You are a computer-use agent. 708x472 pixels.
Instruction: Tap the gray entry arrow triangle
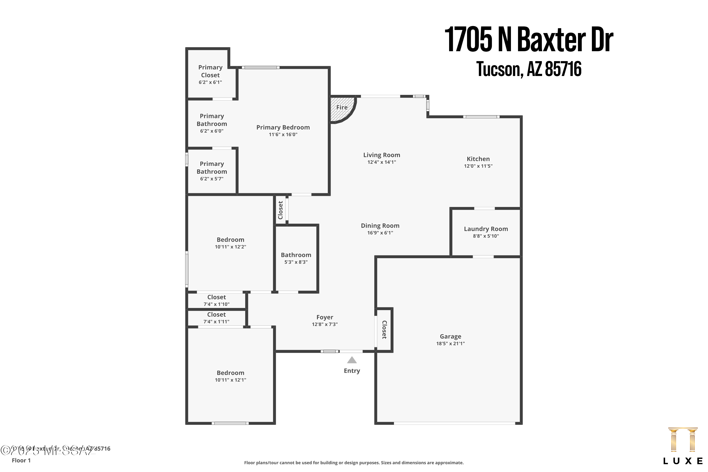point(352,360)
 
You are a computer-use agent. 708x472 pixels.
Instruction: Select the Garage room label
point(450,337)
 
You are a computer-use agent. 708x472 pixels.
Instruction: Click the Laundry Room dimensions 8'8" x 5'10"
point(485,236)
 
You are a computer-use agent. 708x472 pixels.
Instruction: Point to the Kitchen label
point(478,159)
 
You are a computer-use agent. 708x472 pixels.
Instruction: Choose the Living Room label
point(381,155)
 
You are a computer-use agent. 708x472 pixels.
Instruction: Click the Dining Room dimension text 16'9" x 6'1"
point(380,233)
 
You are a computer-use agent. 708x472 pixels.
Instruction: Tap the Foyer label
point(324,317)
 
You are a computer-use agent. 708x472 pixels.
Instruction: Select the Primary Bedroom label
point(283,127)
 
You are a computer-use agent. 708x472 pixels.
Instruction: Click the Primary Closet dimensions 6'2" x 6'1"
point(210,82)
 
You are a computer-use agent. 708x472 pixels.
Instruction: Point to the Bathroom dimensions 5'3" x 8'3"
point(296,262)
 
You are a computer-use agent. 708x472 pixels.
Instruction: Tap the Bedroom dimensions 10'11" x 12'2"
point(230,247)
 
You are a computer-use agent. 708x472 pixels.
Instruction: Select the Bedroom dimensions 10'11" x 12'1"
point(230,380)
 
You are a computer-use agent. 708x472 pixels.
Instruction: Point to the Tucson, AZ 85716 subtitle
point(529,69)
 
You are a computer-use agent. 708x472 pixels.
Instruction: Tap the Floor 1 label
point(21,460)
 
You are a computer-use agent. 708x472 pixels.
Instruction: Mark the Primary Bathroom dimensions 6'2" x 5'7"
point(212,179)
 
